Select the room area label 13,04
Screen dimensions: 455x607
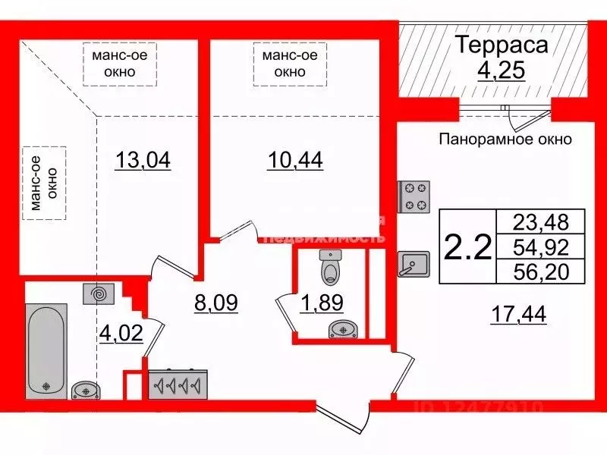[143, 161]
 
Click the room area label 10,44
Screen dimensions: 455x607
[295, 161]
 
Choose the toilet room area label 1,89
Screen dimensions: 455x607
[322, 303]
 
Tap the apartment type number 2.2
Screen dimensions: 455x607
[467, 246]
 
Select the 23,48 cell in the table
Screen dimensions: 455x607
[539, 222]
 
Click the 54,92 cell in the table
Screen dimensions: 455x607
[539, 246]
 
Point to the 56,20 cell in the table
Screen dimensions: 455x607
[539, 271]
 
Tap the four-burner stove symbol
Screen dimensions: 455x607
[413, 196]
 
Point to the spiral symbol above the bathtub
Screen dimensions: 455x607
[99, 291]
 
